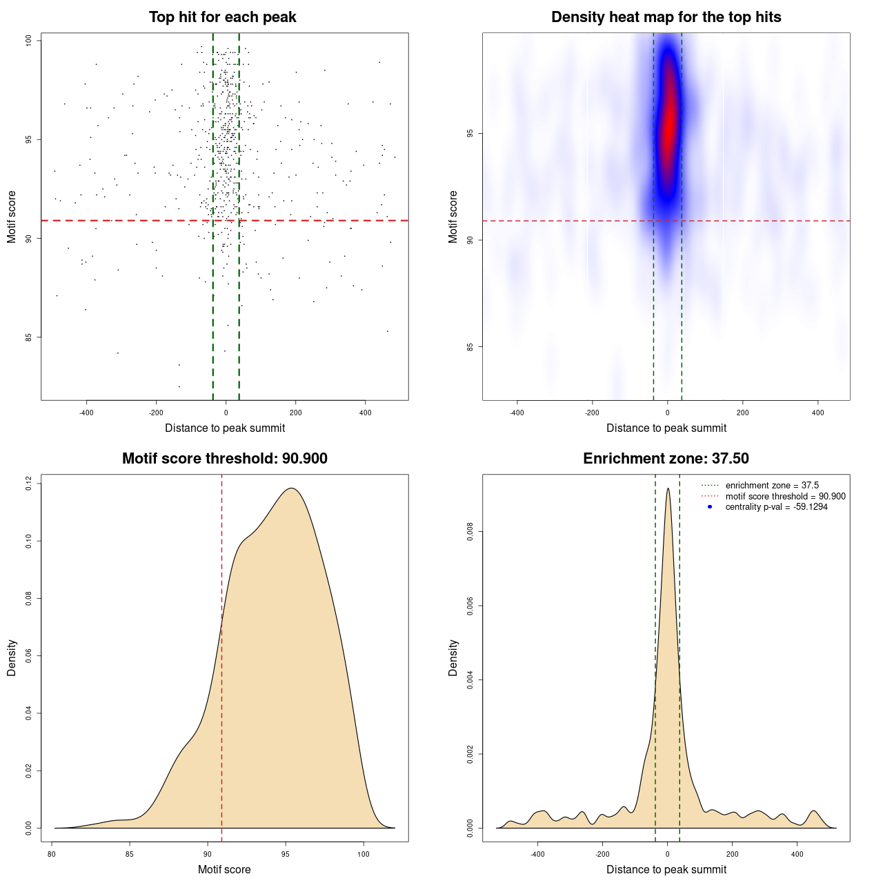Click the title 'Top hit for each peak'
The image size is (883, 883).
pos(222,17)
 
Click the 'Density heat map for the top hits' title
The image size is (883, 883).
pos(666,17)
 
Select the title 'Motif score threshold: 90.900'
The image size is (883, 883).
pos(224,459)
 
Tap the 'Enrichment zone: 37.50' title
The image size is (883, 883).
pos(666,459)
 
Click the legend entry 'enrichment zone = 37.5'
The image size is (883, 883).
pos(772,486)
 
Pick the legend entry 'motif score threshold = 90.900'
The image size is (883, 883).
pos(785,497)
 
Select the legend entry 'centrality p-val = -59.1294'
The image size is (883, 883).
pos(776,507)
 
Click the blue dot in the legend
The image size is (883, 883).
pos(710,507)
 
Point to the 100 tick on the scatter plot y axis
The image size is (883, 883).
pos(29,41)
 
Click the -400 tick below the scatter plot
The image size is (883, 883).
pos(86,413)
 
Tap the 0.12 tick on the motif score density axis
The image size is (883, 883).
pos(29,484)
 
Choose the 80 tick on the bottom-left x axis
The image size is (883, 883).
pos(52,854)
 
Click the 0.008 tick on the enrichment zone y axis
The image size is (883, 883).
pos(470,532)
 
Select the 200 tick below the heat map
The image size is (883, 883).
pos(742,413)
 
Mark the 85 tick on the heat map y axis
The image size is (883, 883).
pos(470,346)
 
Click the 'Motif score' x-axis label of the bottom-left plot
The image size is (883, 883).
pos(224,869)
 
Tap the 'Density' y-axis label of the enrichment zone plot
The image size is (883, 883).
pos(453,657)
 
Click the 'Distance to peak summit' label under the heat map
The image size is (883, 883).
pos(666,428)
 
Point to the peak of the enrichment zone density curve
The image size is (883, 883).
pos(668,489)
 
